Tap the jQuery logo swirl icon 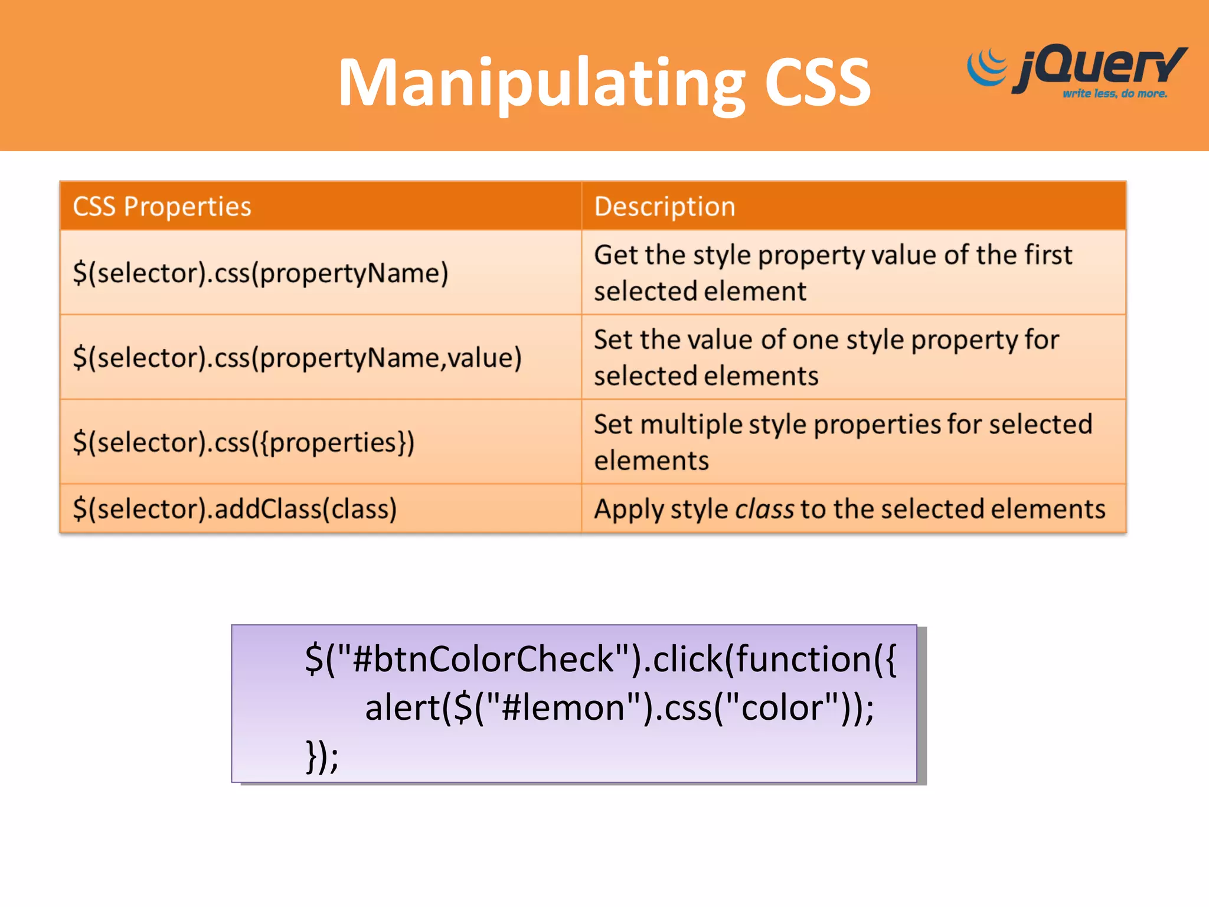tap(986, 68)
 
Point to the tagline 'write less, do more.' tap(1115, 93)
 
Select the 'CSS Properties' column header tap(162, 207)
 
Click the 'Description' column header tap(665, 207)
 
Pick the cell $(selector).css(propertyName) tap(260, 273)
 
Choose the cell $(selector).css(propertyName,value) tap(297, 358)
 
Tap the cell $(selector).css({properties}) tap(243, 442)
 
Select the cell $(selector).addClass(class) tap(234, 509)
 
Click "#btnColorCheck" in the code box tap(482, 659)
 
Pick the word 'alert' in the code tap(402, 707)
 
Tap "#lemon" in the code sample tap(564, 707)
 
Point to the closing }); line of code tap(322, 756)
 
